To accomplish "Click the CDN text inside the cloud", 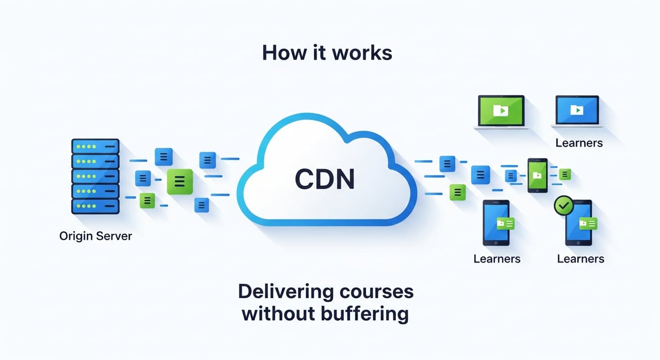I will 325,179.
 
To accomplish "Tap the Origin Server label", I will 96,237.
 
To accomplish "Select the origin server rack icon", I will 95,176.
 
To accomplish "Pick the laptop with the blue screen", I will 576,111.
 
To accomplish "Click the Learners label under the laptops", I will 579,143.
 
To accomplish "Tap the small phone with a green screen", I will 537,175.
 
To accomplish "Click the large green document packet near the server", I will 179,181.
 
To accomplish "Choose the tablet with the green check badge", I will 579,223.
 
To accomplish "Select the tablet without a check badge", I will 496,223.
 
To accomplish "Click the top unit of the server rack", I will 95,146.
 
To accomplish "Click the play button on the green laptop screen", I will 501,110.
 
